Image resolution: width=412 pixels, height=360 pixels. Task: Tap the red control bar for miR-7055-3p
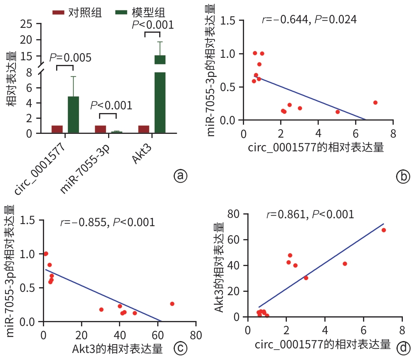click(x=100, y=129)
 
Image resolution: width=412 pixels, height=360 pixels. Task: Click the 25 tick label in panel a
click(x=27, y=24)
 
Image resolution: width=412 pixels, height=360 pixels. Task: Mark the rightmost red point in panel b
click(x=375, y=102)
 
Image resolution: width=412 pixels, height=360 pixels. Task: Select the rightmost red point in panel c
click(x=172, y=304)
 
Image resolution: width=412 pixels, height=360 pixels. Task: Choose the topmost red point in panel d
click(x=384, y=230)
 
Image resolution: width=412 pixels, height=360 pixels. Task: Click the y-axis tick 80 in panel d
click(x=235, y=215)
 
